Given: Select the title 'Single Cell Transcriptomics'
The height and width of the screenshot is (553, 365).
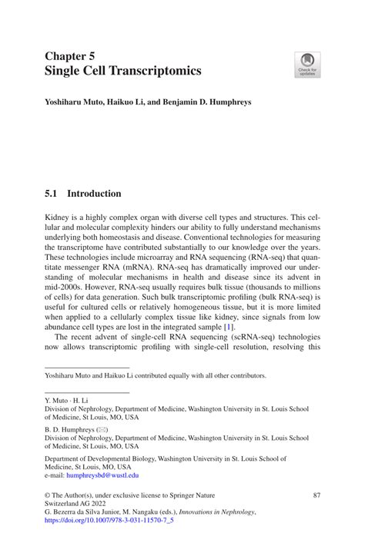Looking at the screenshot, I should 122,71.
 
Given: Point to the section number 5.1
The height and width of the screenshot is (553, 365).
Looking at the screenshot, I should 53,194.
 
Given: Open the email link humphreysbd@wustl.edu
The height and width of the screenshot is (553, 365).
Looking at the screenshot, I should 117,475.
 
